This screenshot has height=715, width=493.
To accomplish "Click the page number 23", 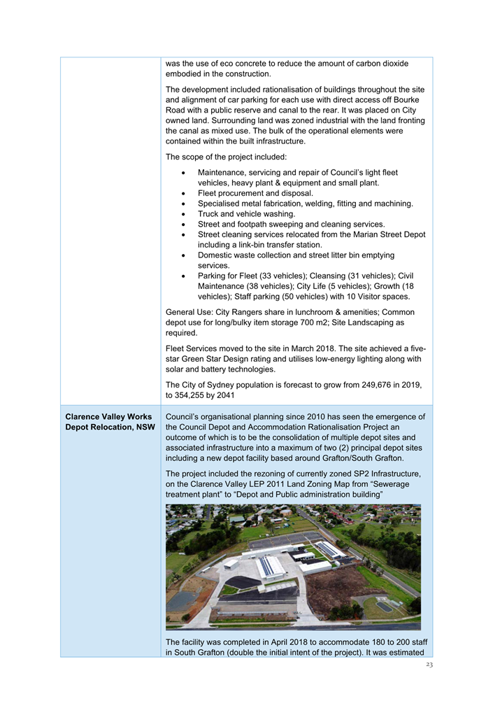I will point(429,665).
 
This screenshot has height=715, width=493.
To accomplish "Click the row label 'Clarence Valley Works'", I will point(108,417).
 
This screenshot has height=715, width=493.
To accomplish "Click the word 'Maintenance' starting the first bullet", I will point(223,172).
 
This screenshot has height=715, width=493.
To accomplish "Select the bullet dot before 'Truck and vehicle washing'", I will point(183,214).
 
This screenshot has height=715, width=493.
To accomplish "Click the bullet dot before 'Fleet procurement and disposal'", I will point(183,193).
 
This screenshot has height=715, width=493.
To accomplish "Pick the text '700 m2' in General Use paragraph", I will point(320,323).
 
